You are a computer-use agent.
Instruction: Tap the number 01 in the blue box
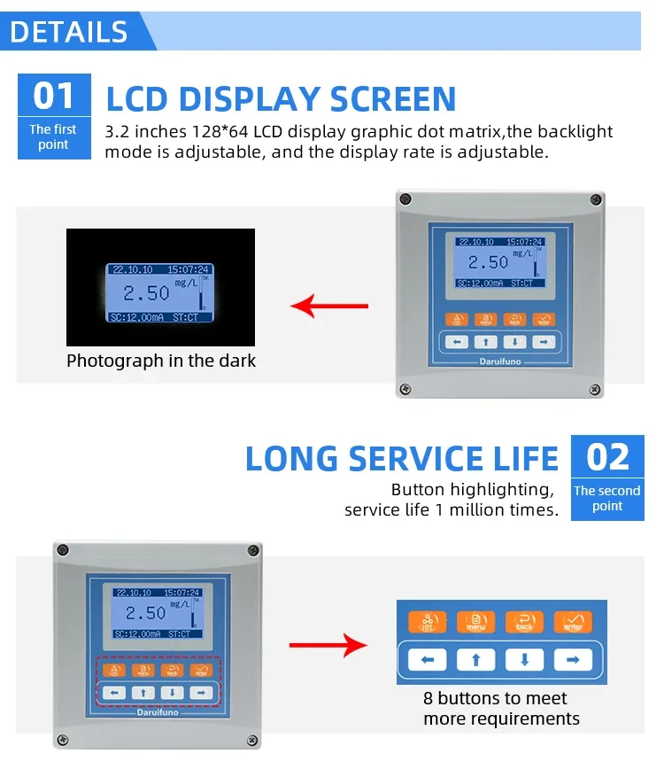[54, 96]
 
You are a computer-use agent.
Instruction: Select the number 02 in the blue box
[607, 458]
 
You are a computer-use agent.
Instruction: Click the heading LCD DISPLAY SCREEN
[281, 98]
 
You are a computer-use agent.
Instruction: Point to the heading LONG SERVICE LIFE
[402, 459]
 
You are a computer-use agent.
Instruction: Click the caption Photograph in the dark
[161, 361]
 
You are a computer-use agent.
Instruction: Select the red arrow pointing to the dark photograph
[329, 307]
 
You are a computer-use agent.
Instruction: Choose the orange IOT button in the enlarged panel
[428, 622]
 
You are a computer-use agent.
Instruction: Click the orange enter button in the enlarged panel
[572, 622]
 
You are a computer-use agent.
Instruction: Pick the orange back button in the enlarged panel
[524, 622]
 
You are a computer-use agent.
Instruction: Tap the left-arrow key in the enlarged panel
[428, 659]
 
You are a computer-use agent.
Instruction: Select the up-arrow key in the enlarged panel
[475, 659]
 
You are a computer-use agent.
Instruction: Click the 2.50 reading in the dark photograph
[145, 293]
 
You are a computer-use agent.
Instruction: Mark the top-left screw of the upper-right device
[405, 198]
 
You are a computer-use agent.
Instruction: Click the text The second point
[606, 498]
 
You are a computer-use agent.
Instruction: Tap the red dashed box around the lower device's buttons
[158, 680]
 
